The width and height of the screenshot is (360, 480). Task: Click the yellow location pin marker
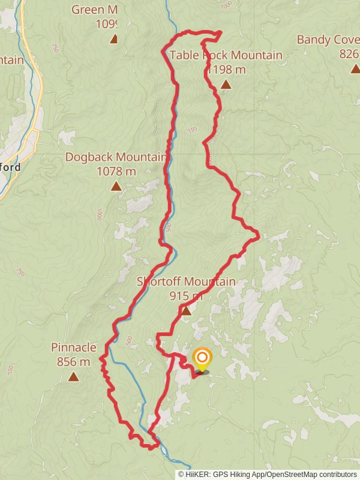pyautogui.click(x=202, y=360)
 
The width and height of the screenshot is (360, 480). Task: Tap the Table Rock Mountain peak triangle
pyautogui.click(x=226, y=85)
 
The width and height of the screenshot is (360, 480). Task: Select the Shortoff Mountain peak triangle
pyautogui.click(x=186, y=311)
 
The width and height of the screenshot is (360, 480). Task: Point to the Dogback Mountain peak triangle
pyautogui.click(x=116, y=187)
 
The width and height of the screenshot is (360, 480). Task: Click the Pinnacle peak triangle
pyautogui.click(x=73, y=377)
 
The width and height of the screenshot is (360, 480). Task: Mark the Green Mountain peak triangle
pyautogui.click(x=113, y=40)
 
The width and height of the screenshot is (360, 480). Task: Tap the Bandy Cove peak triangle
pyautogui.click(x=355, y=69)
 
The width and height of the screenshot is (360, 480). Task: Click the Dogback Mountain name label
pyautogui.click(x=116, y=157)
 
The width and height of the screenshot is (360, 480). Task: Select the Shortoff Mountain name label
pyautogui.click(x=186, y=281)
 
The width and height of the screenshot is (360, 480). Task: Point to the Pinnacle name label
pyautogui.click(x=73, y=347)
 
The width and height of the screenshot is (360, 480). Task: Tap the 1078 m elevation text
pyautogui.click(x=116, y=172)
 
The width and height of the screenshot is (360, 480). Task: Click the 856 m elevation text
pyautogui.click(x=73, y=362)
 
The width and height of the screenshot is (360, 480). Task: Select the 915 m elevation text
pyautogui.click(x=186, y=296)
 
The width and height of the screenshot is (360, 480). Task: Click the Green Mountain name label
pyautogui.click(x=94, y=10)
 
